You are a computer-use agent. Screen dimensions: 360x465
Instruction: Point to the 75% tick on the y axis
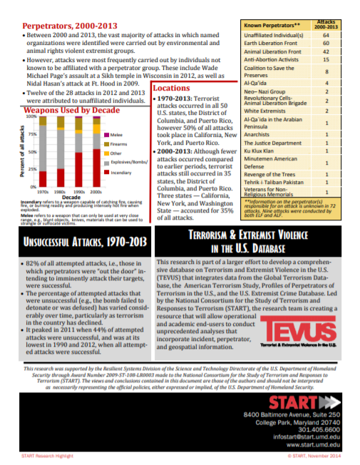click(32, 135)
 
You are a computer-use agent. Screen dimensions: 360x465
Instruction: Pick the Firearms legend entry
click(115, 144)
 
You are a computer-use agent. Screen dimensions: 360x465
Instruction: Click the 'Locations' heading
click(170, 88)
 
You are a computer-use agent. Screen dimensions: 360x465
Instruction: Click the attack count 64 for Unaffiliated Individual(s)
click(326, 34)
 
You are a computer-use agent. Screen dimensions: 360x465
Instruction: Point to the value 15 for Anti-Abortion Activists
click(326, 60)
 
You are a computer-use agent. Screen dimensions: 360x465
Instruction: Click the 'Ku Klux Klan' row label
click(259, 151)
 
